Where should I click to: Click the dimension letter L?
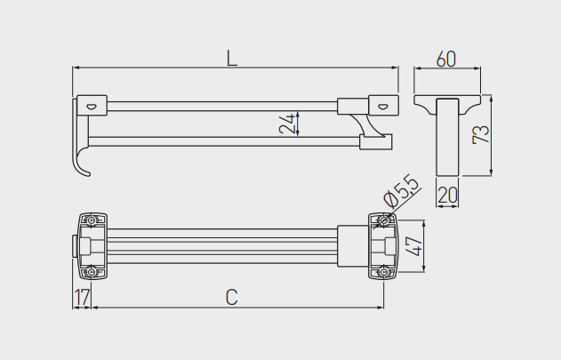tap(232, 58)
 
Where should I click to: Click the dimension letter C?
tap(232, 297)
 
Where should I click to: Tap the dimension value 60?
tap(446, 59)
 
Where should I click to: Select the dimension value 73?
tap(480, 134)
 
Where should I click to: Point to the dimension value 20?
tap(447, 196)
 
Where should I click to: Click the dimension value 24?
tap(287, 124)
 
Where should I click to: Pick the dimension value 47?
tap(414, 246)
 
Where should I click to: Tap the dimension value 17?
tap(82, 297)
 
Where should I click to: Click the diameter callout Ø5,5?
tap(401, 191)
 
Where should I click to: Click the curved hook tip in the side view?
tap(87, 174)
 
